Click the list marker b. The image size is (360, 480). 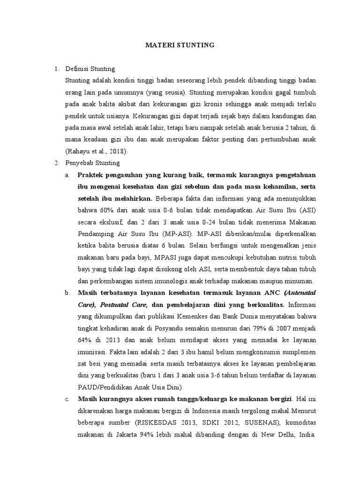tap(67, 292)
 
